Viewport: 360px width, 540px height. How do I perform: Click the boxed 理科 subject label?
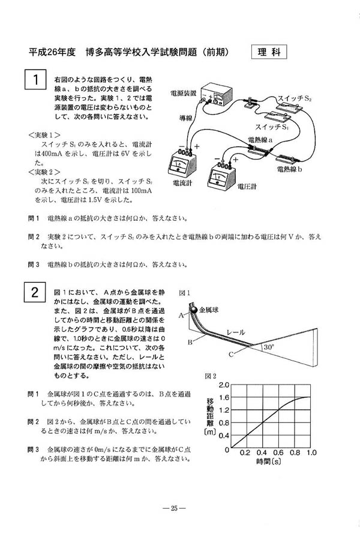click(x=269, y=52)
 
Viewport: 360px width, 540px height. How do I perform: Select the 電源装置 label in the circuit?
click(x=185, y=93)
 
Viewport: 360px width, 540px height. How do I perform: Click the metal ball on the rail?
click(x=194, y=309)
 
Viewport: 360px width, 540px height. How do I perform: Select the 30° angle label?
click(x=268, y=347)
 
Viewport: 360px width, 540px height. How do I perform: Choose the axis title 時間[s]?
click(x=269, y=462)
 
